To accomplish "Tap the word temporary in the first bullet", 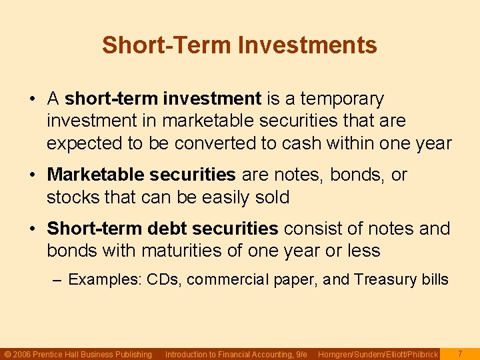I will [x=342, y=99].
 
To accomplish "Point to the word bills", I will [x=434, y=279].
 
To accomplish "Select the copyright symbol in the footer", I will [x=7, y=354].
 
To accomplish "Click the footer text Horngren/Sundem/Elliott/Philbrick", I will [x=378, y=354].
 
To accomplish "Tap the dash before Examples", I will [x=58, y=279].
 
